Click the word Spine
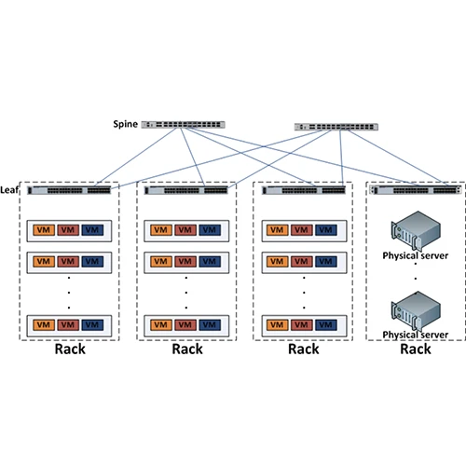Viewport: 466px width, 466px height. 125,124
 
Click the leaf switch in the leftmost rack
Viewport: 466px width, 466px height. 69,190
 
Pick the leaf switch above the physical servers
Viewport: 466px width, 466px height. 416,190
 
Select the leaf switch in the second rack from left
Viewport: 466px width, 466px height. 186,190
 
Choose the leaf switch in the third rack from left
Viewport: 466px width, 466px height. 303,190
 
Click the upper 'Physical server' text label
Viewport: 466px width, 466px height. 416,254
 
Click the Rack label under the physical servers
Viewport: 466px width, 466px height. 416,349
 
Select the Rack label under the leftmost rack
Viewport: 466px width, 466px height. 70,349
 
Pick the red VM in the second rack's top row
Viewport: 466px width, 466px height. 186,230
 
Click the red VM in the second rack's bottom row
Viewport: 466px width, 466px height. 186,324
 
